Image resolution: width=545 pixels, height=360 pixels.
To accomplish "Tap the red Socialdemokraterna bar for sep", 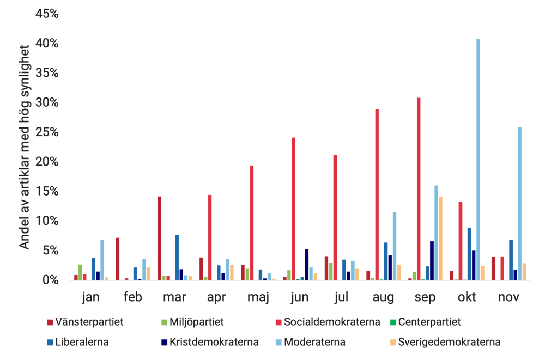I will click(x=418, y=188).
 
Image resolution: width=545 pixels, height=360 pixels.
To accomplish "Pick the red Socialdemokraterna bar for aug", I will click(x=377, y=194).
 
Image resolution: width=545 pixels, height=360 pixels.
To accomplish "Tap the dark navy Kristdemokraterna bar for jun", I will click(x=307, y=264).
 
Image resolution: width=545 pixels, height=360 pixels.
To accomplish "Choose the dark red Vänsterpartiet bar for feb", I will click(x=117, y=258).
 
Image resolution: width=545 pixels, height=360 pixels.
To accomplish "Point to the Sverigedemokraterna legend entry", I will click(x=449, y=343).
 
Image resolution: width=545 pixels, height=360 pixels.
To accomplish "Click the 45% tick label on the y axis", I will click(x=46, y=13).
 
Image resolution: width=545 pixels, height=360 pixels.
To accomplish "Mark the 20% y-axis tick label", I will click(x=46, y=162).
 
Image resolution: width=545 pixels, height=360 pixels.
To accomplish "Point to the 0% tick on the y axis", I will click(x=50, y=280).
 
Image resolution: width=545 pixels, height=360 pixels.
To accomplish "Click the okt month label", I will click(x=467, y=298).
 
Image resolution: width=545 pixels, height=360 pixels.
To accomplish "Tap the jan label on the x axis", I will click(x=90, y=298).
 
